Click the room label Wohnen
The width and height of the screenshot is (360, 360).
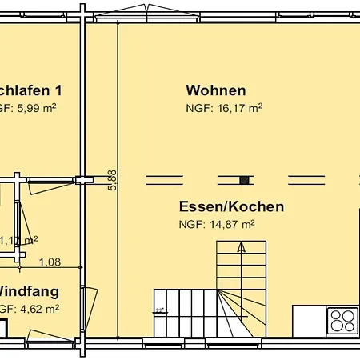215,90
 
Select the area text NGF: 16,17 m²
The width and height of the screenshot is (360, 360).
224,106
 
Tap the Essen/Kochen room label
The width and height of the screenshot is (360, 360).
231,206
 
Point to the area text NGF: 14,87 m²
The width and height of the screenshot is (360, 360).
216,224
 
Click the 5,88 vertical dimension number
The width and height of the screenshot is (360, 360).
113,179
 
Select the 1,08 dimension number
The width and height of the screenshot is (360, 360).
50,261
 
